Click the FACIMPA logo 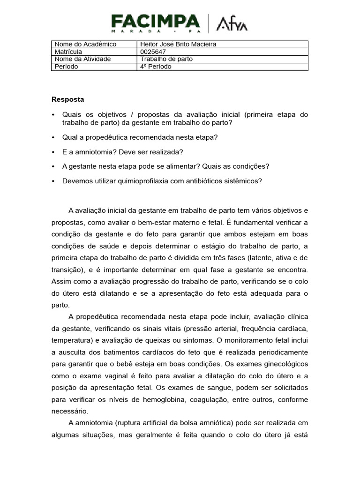[155, 22]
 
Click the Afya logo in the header [232, 23]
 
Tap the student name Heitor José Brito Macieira [179, 45]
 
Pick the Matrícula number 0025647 [153, 52]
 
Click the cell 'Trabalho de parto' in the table [166, 59]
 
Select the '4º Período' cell [156, 67]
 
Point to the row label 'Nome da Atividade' [82, 59]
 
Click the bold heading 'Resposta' [67, 99]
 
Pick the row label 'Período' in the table [66, 67]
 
